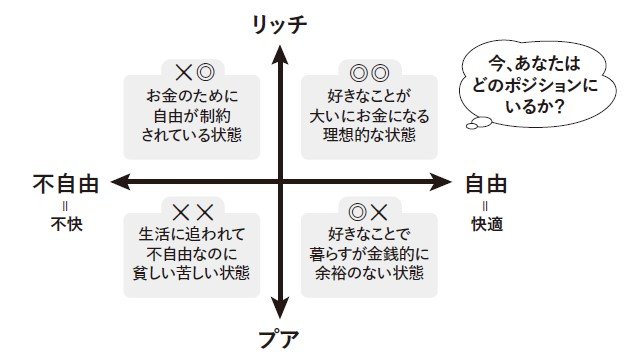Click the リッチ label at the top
point(282,21)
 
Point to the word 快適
point(485,225)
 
